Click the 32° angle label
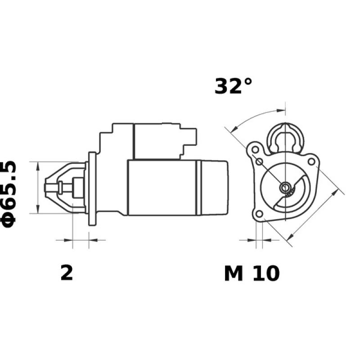pos(233,86)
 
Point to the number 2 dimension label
pos(67,273)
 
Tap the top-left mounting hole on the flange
pos(255,149)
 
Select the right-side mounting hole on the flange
pos(311,160)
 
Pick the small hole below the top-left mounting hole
pos(259,162)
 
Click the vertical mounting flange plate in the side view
pos(92,189)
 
